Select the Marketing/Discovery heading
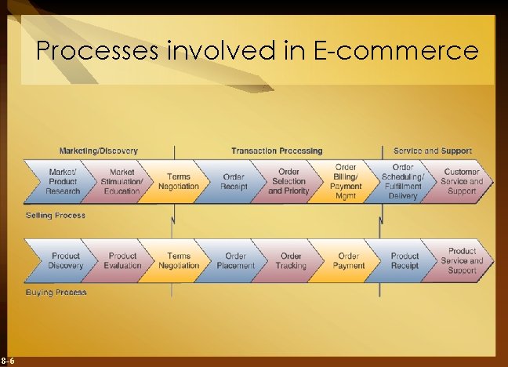[99, 151]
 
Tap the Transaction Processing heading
[277, 151]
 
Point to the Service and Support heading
[433, 151]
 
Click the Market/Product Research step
[63, 182]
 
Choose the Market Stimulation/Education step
[122, 182]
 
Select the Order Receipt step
[234, 182]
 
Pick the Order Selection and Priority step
[288, 182]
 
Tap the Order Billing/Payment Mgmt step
[346, 182]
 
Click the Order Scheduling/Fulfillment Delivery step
[403, 182]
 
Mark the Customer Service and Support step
[462, 182]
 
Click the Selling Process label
[56, 215]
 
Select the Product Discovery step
[66, 260]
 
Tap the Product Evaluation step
[122, 260]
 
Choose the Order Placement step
[235, 260]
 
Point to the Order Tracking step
[291, 260]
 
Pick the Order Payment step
[348, 260]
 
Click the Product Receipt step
[405, 260]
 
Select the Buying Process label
[56, 293]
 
